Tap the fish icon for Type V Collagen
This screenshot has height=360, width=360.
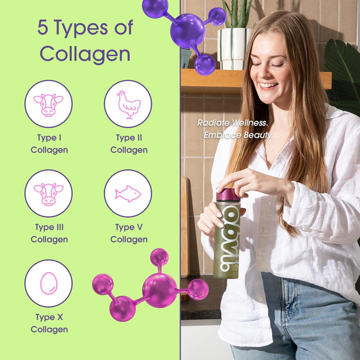pos(128,193)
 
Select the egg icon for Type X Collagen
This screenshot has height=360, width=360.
pos(48,283)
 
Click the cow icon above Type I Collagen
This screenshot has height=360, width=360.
pos(48,104)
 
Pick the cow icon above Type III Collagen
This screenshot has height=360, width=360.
pos(48,193)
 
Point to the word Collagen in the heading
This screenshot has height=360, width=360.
pos(85,54)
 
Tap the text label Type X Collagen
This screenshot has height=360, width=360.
pos(49,323)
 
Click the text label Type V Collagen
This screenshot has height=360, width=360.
pos(129,233)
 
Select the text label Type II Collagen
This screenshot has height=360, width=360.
pos(129,144)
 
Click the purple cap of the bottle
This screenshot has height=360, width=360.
pos(228,194)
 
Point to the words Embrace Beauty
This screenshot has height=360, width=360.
pos(238,135)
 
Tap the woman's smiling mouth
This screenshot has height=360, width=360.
pos(268,85)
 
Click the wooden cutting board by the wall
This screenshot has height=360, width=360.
pos(184,225)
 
